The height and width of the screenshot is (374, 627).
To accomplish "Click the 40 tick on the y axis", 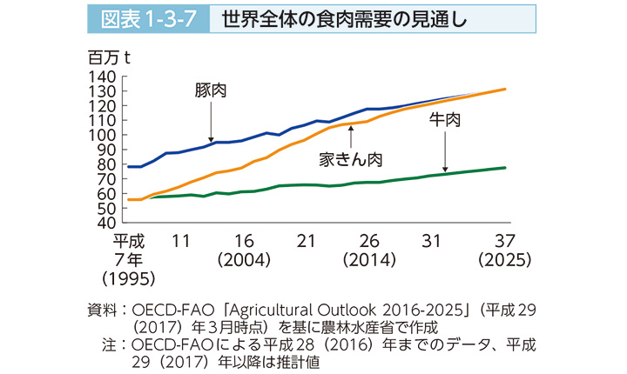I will pos(108,223).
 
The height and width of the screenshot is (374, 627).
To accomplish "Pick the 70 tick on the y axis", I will pos(108,179).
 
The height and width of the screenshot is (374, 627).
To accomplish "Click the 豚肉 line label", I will pos(212,90).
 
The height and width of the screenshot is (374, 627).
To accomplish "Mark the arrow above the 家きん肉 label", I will pos(350,136).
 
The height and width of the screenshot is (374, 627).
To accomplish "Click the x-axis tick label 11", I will pos(182,241).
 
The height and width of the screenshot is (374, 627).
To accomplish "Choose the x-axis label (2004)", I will pos(243,260).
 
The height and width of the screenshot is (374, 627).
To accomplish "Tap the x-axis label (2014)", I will pos(367,260).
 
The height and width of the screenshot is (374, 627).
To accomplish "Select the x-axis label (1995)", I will pos(127,279).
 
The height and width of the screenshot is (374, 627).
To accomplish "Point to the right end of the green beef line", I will pos(505,167).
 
